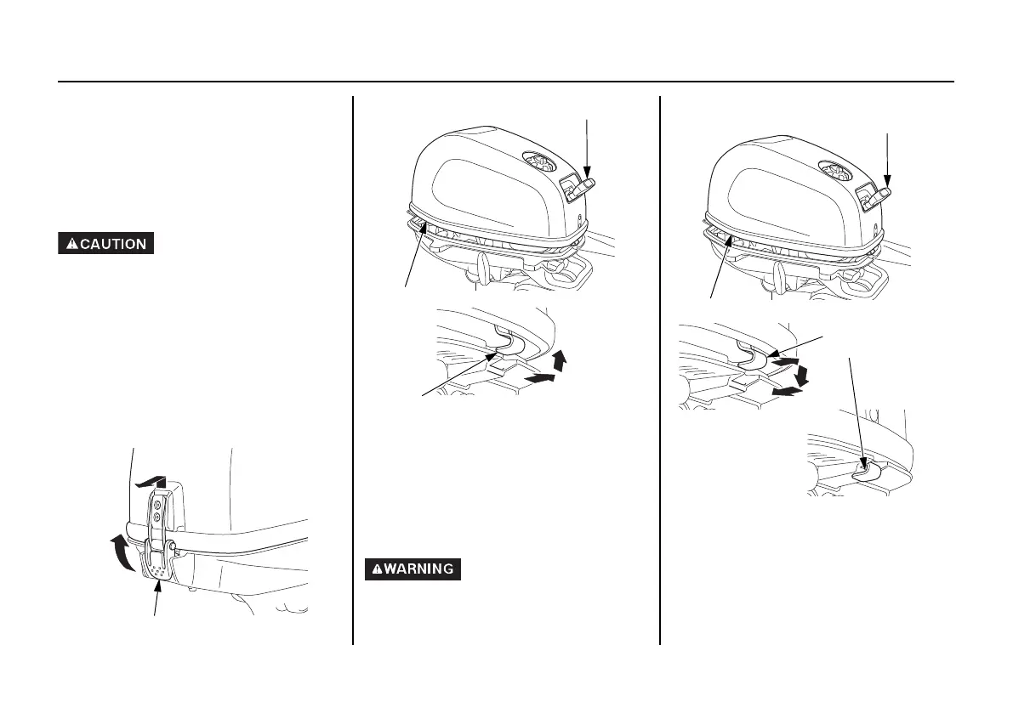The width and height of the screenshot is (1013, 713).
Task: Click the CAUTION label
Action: [105, 244]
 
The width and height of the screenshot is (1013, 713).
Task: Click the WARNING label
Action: [413, 569]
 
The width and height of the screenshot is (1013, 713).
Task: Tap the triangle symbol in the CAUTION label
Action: [73, 244]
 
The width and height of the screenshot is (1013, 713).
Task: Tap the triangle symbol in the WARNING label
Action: [377, 569]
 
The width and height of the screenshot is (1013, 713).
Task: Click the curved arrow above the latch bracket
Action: [150, 484]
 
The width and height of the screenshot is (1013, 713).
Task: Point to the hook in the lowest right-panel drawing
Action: [865, 467]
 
